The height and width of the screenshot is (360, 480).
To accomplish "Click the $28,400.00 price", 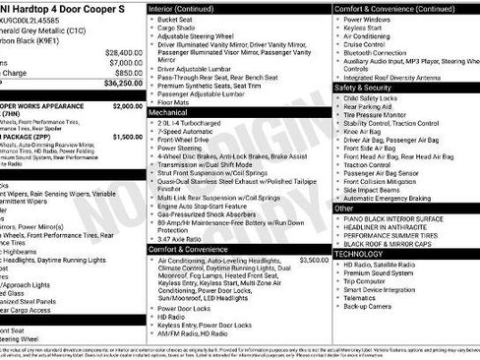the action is coord(123,52).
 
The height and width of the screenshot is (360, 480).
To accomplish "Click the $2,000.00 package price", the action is coord(127,105).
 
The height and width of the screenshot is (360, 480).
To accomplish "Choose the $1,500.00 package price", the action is coord(127,137).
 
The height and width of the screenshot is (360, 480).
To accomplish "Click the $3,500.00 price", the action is coord(312,260).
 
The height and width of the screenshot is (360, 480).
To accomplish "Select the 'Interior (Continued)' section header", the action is coord(184,8).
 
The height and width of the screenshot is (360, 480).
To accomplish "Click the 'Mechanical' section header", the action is coord(168,112).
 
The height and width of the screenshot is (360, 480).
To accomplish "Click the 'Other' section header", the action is coord(344,209).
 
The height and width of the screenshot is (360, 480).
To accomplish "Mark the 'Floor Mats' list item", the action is coord(174,101).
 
